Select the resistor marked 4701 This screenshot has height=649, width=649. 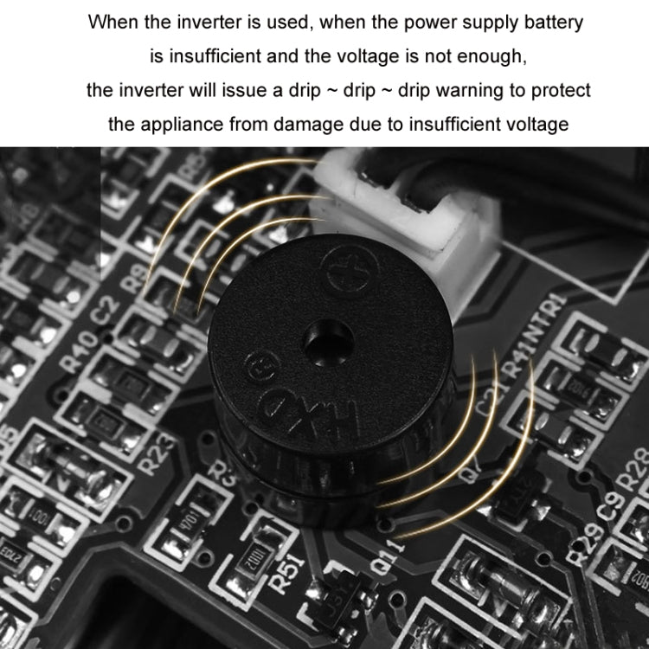tap(190, 523)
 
